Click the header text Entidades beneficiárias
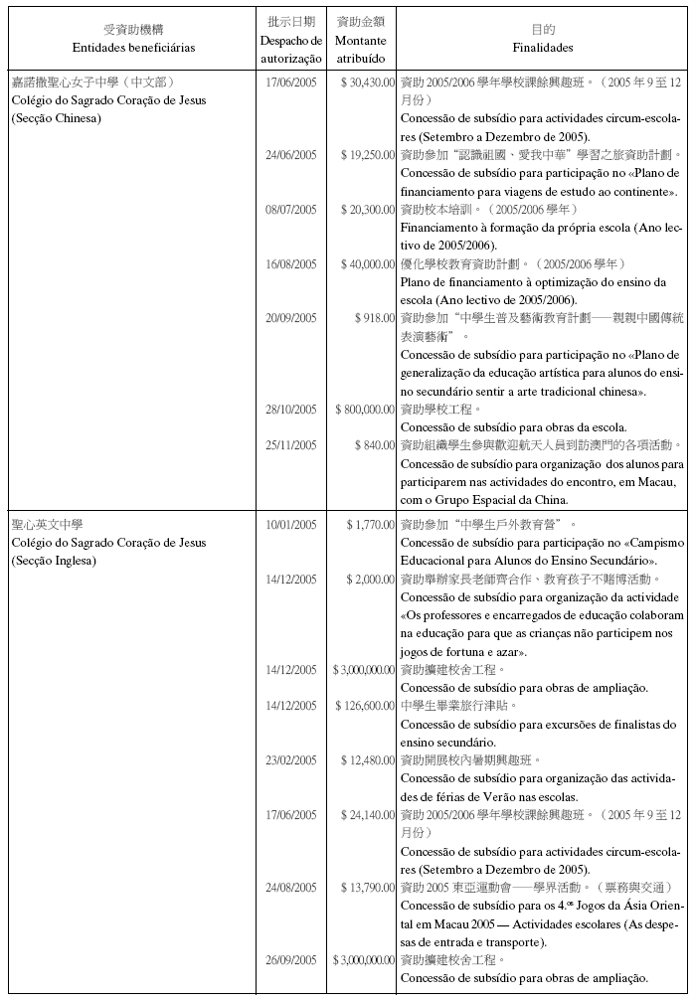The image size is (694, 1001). (133, 48)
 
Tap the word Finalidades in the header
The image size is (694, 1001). (543, 48)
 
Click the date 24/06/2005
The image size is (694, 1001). (291, 155)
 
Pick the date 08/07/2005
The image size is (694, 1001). (291, 210)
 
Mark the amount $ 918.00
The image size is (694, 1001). (375, 318)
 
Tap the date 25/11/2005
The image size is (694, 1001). (291, 445)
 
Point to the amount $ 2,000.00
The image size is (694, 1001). (370, 579)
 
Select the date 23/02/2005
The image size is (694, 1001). (291, 760)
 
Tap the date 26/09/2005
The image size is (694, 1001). (291, 960)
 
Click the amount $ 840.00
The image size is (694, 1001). (375, 445)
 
